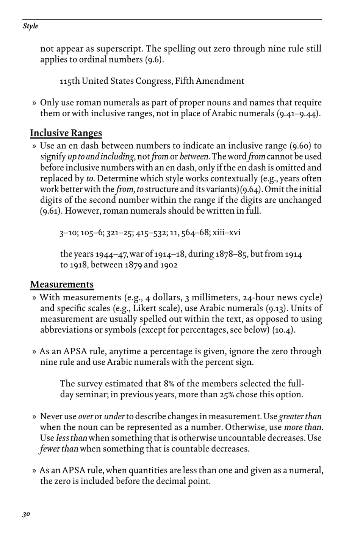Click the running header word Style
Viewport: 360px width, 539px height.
tap(30, 26)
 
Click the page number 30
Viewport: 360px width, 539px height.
tap(26, 514)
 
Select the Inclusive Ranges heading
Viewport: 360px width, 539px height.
tap(66, 133)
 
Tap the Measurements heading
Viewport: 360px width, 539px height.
tap(62, 284)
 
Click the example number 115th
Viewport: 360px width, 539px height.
tap(70, 81)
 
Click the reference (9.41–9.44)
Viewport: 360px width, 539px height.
tap(299, 113)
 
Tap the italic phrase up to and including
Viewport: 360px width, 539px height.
tap(100, 157)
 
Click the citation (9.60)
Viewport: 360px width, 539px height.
tap(301, 146)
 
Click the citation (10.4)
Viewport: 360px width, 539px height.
tap(284, 330)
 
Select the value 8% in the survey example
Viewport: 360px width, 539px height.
tap(169, 384)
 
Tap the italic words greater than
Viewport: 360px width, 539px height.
tap(300, 417)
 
